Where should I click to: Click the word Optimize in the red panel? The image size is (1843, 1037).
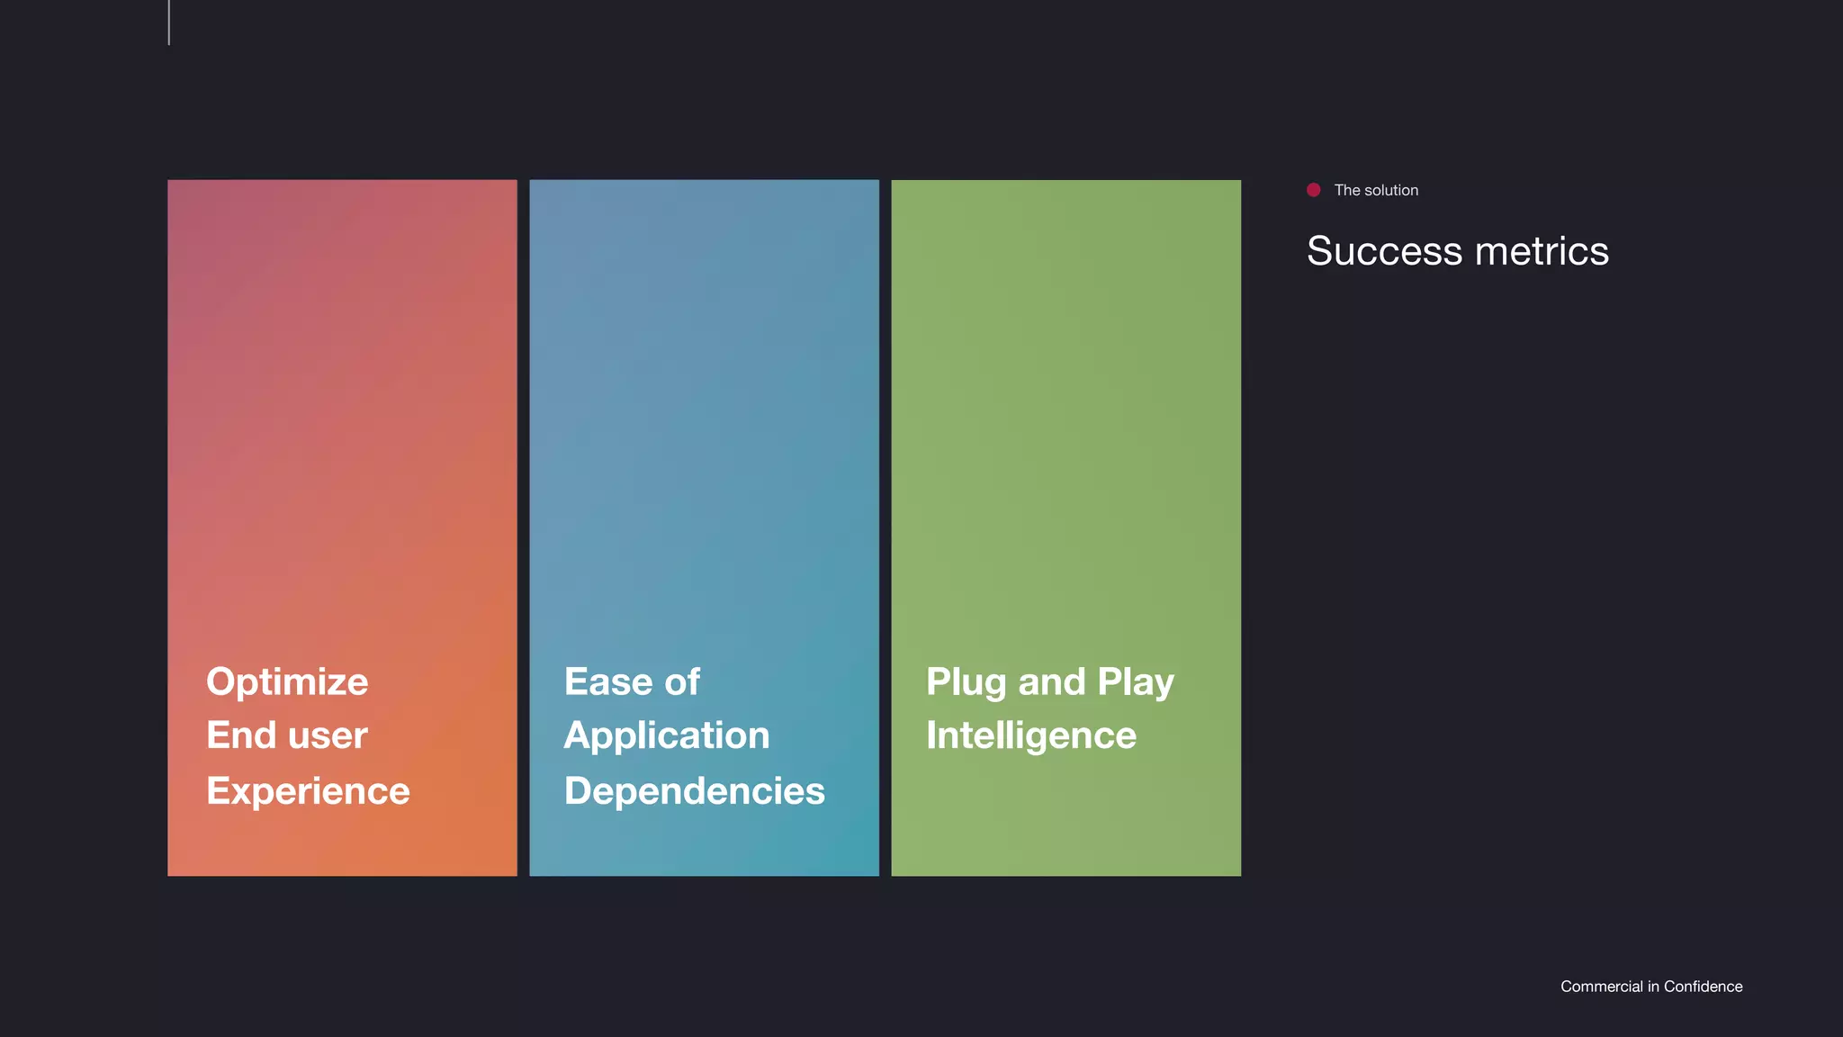point(287,682)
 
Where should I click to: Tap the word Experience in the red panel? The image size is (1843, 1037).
point(308,791)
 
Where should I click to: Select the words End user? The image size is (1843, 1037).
point(287,735)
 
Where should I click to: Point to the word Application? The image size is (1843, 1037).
point(667,736)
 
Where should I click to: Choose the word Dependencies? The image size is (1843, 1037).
point(694,791)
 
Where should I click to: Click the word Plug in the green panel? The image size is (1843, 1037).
point(966,682)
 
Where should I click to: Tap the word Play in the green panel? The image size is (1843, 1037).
point(1136,682)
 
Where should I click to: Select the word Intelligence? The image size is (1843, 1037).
point(1031,735)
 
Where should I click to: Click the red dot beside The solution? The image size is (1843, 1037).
point(1314,190)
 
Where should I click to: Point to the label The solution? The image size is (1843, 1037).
point(1376,191)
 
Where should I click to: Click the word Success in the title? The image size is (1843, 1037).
point(1384,251)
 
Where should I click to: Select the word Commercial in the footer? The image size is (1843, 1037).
point(1602,987)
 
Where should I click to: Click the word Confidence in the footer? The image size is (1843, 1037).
point(1703,987)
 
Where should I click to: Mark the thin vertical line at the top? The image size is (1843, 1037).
point(169,23)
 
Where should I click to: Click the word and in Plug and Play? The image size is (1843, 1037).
point(1052,682)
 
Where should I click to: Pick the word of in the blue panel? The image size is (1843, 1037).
point(682,681)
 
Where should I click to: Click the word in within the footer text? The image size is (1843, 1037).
point(1653,987)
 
